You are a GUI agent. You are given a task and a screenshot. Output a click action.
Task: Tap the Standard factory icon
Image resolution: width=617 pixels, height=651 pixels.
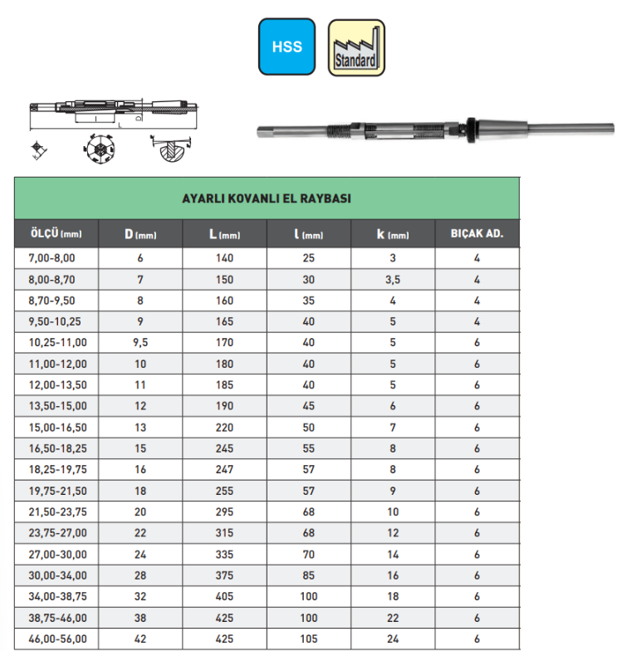click(356, 47)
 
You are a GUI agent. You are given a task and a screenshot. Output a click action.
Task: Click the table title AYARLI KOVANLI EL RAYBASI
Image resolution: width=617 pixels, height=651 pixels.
click(267, 198)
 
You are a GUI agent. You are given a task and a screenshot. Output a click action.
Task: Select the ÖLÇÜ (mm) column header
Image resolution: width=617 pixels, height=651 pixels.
click(56, 234)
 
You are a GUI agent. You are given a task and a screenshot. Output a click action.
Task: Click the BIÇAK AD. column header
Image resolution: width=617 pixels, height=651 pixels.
click(477, 234)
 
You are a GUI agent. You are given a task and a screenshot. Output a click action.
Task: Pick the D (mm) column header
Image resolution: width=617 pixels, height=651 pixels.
click(140, 234)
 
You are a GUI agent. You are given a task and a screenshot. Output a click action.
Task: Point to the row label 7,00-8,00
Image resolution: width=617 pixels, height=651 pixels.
click(51, 258)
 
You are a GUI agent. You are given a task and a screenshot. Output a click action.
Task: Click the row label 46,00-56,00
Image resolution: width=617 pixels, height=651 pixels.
click(55, 639)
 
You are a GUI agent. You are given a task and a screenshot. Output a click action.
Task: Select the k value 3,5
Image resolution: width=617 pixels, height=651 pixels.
click(393, 279)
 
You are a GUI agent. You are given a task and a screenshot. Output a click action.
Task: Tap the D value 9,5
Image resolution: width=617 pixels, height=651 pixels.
click(140, 342)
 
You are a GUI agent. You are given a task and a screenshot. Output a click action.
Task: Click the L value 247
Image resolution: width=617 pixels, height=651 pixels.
click(225, 469)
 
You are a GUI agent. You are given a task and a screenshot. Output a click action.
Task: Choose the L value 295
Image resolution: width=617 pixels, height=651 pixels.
click(225, 512)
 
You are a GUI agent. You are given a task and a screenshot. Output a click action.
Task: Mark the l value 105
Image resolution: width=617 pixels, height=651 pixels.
click(309, 639)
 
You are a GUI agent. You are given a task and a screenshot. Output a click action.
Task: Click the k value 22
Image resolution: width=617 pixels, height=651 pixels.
click(393, 618)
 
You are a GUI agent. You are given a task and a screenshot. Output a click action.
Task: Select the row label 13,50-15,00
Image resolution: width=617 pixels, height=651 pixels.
click(55, 406)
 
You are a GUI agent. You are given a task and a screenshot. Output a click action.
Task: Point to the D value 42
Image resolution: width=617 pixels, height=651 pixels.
click(140, 639)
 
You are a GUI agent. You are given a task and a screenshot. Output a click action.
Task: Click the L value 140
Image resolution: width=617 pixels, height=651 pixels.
click(225, 258)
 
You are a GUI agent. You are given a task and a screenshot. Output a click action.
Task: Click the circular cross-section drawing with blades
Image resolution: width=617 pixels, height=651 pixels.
click(98, 150)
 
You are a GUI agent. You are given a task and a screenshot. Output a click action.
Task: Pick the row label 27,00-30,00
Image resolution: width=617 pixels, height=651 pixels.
click(55, 554)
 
